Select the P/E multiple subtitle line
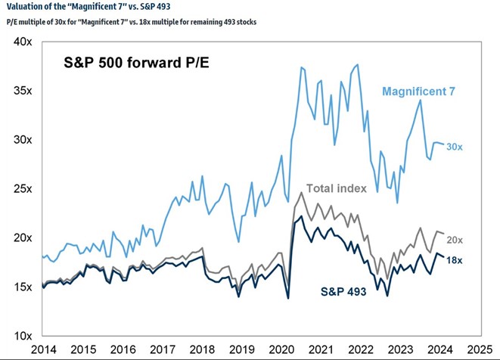[x=130, y=22]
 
